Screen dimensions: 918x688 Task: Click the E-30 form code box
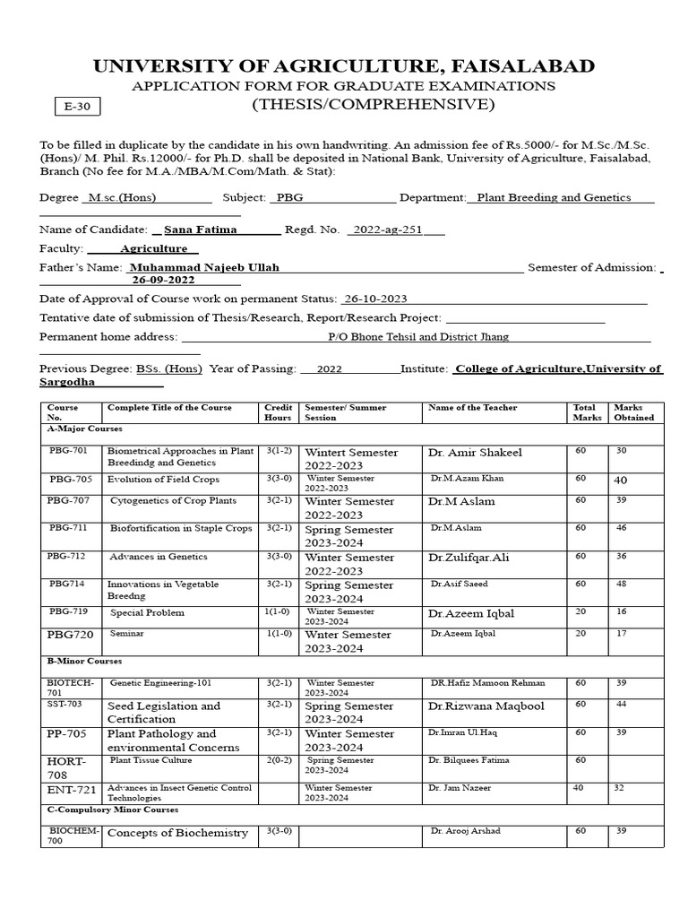pyautogui.click(x=78, y=108)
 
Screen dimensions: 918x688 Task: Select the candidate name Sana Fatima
pyautogui.click(x=201, y=229)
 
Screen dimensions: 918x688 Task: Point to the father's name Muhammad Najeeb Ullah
pyautogui.click(x=204, y=267)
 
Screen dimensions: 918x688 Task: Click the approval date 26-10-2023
pyautogui.click(x=375, y=299)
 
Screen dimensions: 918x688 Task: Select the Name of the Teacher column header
pyautogui.click(x=472, y=408)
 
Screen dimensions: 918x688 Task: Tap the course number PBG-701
pyautogui.click(x=68, y=451)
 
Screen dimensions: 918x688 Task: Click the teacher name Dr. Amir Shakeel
pyautogui.click(x=475, y=453)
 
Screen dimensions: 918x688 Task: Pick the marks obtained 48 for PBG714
pyautogui.click(x=621, y=584)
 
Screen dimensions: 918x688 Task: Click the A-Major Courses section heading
pyautogui.click(x=84, y=429)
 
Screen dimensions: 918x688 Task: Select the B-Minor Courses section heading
pyautogui.click(x=84, y=660)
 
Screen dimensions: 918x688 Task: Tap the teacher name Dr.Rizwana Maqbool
pyautogui.click(x=486, y=706)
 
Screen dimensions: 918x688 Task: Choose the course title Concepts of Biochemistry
pyautogui.click(x=177, y=832)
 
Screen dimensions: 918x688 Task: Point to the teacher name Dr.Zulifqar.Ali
pyautogui.click(x=469, y=558)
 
